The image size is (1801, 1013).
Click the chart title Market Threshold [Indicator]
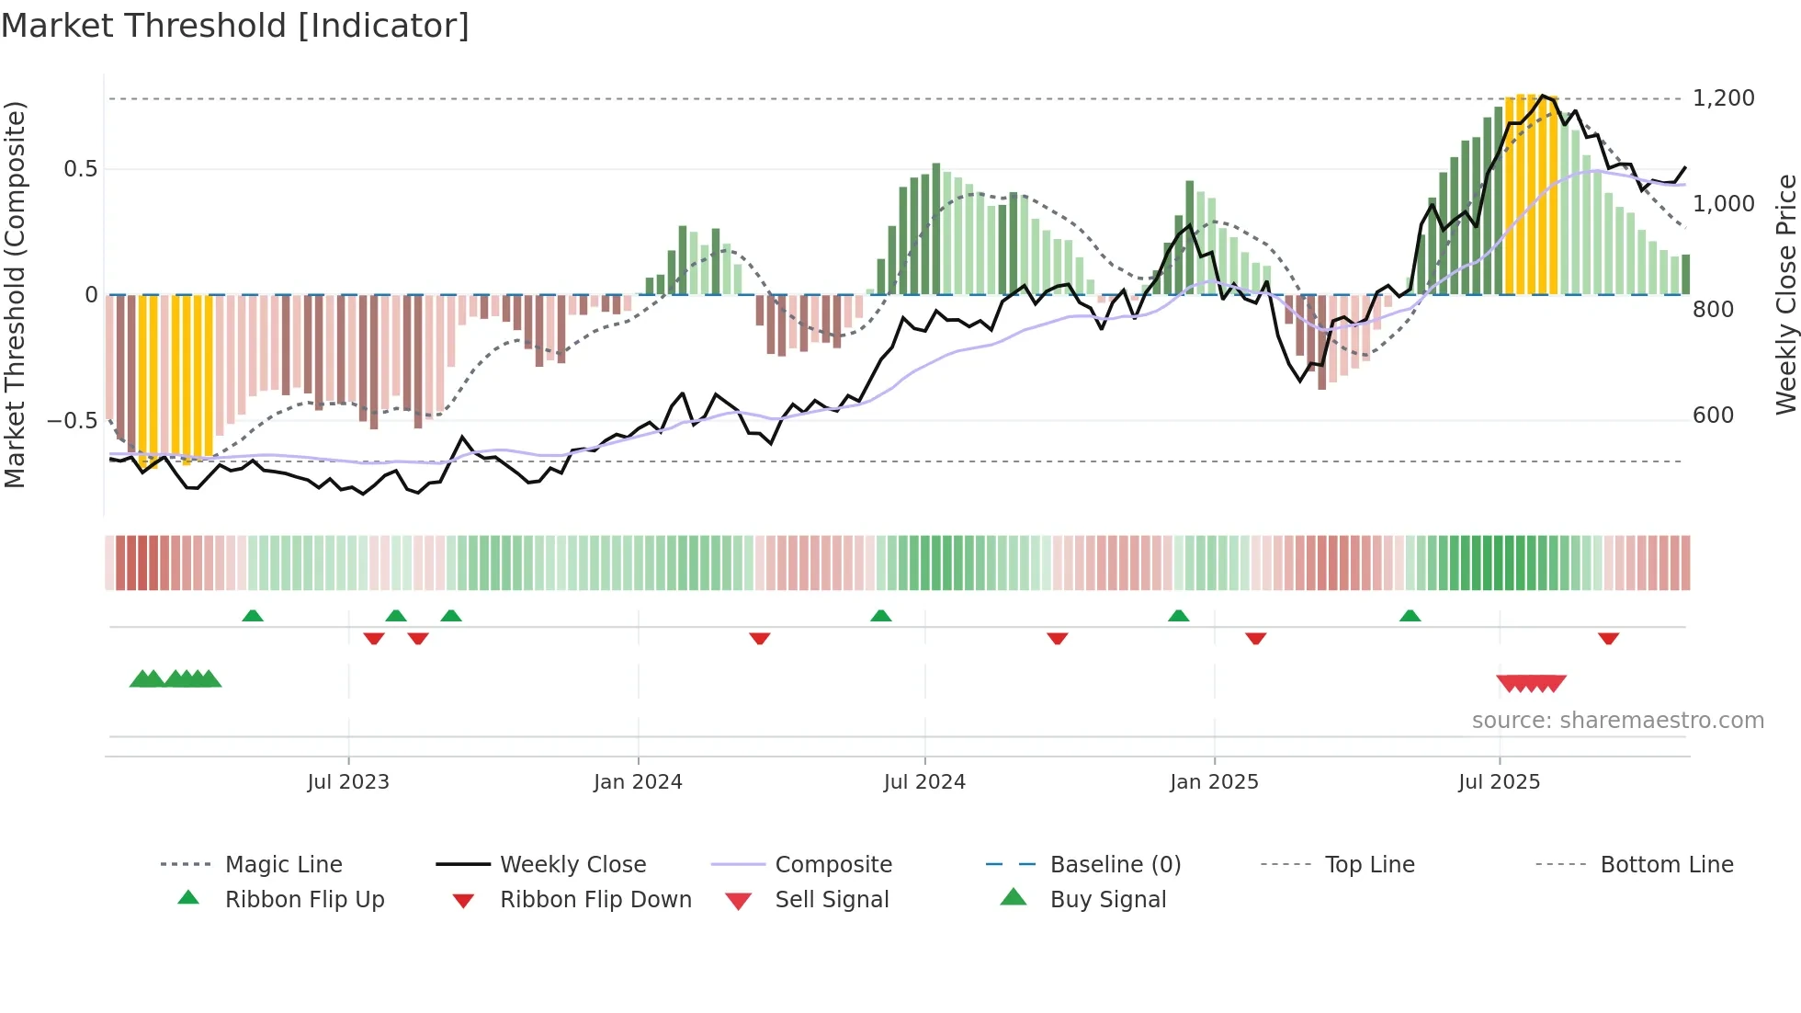[235, 26]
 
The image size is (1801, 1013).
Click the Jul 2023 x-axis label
[348, 782]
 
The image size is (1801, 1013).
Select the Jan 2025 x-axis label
[1214, 782]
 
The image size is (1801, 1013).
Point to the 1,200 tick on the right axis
[1723, 98]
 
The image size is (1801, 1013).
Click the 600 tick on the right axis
[1713, 415]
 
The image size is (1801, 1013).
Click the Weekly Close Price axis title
[1785, 294]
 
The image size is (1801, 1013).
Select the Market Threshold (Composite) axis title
[15, 294]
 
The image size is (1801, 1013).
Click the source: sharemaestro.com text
[1617, 721]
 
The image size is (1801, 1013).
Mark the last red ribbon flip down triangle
[1608, 638]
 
